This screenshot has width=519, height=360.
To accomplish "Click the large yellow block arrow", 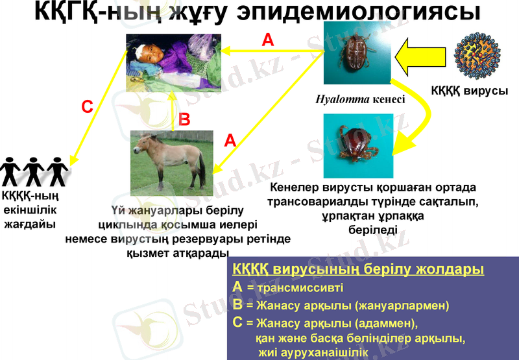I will click(421, 56).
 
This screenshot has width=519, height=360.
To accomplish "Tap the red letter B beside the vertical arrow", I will click(184, 119).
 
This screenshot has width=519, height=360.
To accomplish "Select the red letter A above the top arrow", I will click(267, 40).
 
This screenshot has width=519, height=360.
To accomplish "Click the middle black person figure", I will click(34, 170).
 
